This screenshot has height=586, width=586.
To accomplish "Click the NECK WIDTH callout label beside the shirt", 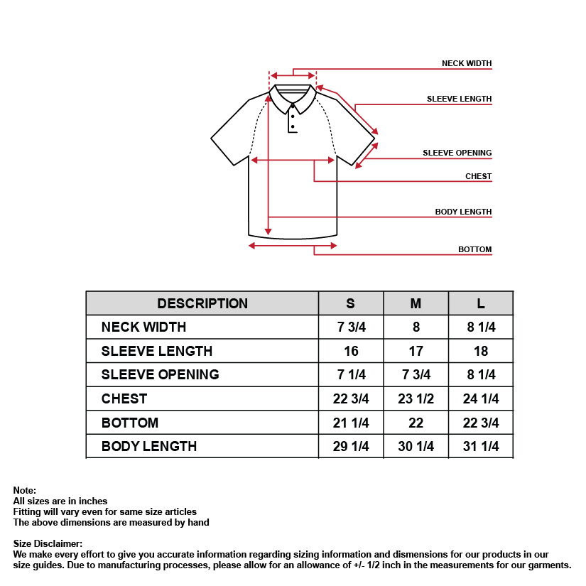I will (x=466, y=63).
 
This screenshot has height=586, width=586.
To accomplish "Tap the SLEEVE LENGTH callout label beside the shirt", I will (x=459, y=99).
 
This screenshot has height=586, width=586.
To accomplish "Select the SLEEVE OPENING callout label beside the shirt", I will (x=457, y=153).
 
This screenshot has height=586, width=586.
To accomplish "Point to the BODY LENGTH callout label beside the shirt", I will (x=463, y=212).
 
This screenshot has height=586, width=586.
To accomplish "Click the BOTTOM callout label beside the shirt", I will (x=474, y=249).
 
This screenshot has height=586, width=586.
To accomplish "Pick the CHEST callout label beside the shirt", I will (x=478, y=176).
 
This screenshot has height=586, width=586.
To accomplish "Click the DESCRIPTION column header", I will (x=202, y=303).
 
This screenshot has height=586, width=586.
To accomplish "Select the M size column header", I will (x=416, y=303).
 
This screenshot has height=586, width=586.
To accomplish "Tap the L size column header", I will (x=481, y=303).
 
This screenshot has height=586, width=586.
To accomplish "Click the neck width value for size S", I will (x=350, y=327).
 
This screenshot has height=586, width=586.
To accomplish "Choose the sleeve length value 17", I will (x=416, y=351).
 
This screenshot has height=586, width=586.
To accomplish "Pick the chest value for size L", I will (x=481, y=398).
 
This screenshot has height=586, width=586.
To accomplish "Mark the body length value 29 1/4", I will (x=350, y=446).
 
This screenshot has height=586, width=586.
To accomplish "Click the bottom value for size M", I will (x=416, y=423).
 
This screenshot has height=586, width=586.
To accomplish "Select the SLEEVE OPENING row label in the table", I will (x=160, y=374).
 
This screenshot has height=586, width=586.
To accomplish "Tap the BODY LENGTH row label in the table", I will (x=149, y=446).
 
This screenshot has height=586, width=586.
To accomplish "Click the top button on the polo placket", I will (x=293, y=105).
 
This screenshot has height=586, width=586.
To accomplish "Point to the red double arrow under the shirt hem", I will (x=293, y=246).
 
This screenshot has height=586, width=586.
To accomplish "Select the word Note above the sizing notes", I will (x=24, y=490).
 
